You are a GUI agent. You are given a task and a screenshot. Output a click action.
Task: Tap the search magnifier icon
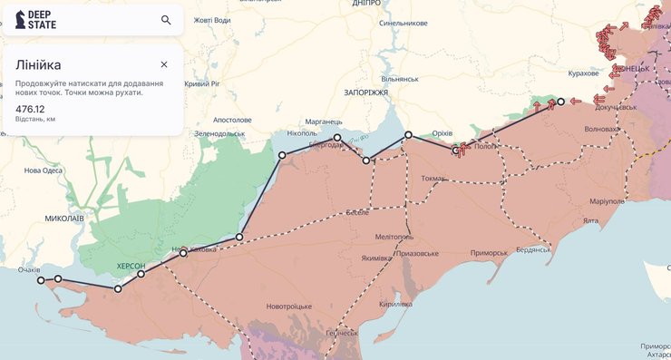click(x=166, y=20)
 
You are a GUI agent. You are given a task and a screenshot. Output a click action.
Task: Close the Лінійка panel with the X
click(x=164, y=64)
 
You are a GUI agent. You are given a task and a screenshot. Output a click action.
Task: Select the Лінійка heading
click(x=38, y=64)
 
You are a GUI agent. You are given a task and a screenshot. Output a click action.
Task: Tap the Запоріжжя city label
click(x=366, y=92)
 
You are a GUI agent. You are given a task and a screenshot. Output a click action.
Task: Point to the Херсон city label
click(x=131, y=266)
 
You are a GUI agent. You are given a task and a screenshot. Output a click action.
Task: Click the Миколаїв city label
click(x=64, y=219)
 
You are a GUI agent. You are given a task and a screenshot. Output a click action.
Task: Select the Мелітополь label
click(x=394, y=237)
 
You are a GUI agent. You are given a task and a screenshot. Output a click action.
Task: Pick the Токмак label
click(x=433, y=179)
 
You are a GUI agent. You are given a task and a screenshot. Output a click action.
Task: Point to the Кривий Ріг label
click(x=203, y=83)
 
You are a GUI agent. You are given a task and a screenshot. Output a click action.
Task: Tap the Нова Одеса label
click(x=44, y=170)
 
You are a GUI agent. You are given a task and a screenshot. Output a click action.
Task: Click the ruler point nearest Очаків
click(x=41, y=281)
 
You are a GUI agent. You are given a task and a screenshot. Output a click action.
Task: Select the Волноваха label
click(x=603, y=129)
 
